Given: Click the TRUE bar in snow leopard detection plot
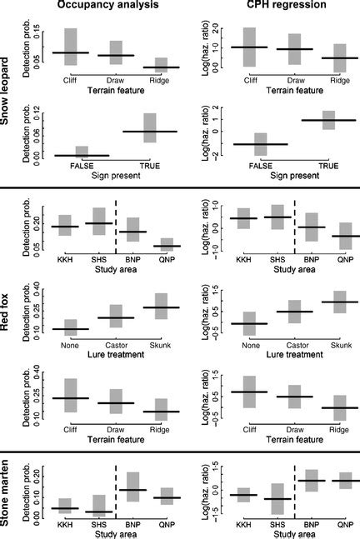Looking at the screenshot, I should pos(150,128).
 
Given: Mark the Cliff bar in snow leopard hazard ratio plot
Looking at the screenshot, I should pos(249,47).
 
